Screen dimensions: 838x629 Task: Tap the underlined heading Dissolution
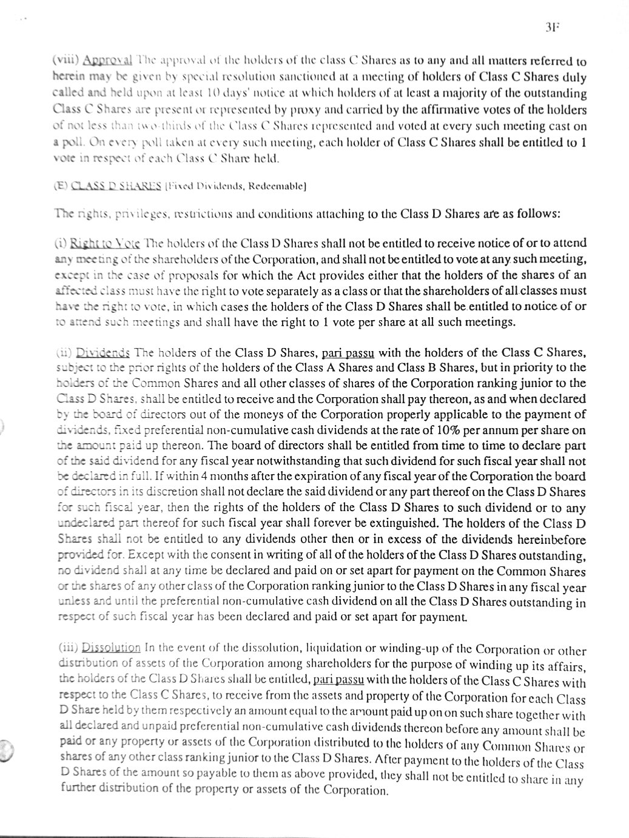point(111,648)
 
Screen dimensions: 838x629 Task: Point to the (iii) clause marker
point(68,648)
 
